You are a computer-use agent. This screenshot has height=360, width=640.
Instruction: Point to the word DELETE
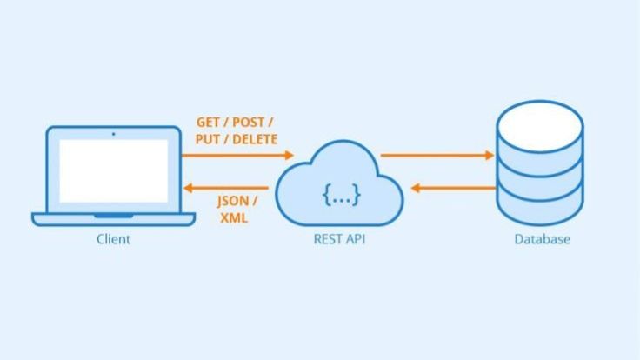258,138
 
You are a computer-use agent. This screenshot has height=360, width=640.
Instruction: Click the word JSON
232,201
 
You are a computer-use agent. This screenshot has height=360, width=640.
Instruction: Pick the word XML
233,217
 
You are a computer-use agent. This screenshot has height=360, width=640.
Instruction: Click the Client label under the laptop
113,238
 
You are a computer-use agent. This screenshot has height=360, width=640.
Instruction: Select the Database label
541,238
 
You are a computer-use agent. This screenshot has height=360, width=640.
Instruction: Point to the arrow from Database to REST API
452,186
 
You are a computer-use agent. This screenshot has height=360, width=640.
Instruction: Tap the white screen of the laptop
114,171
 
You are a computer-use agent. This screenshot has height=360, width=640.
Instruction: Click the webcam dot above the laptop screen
114,134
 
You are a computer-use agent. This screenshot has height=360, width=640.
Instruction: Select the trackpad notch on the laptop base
114,214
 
